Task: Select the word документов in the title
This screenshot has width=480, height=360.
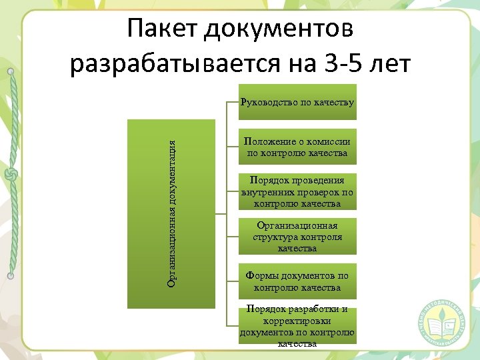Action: pos(281,30)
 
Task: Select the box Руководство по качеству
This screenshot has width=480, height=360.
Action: pos(297,103)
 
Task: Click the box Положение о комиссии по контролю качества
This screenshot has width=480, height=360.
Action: pos(297,147)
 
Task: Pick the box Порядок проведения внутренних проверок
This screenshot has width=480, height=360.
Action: pos(297,192)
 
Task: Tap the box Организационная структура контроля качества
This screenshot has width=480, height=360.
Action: pos(297,237)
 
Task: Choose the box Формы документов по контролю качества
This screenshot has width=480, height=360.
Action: pos(297,281)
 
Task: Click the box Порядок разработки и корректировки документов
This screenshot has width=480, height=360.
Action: pos(297,327)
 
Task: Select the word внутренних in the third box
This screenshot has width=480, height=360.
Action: pos(271,192)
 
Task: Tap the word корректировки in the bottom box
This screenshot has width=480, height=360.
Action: pos(297,321)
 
